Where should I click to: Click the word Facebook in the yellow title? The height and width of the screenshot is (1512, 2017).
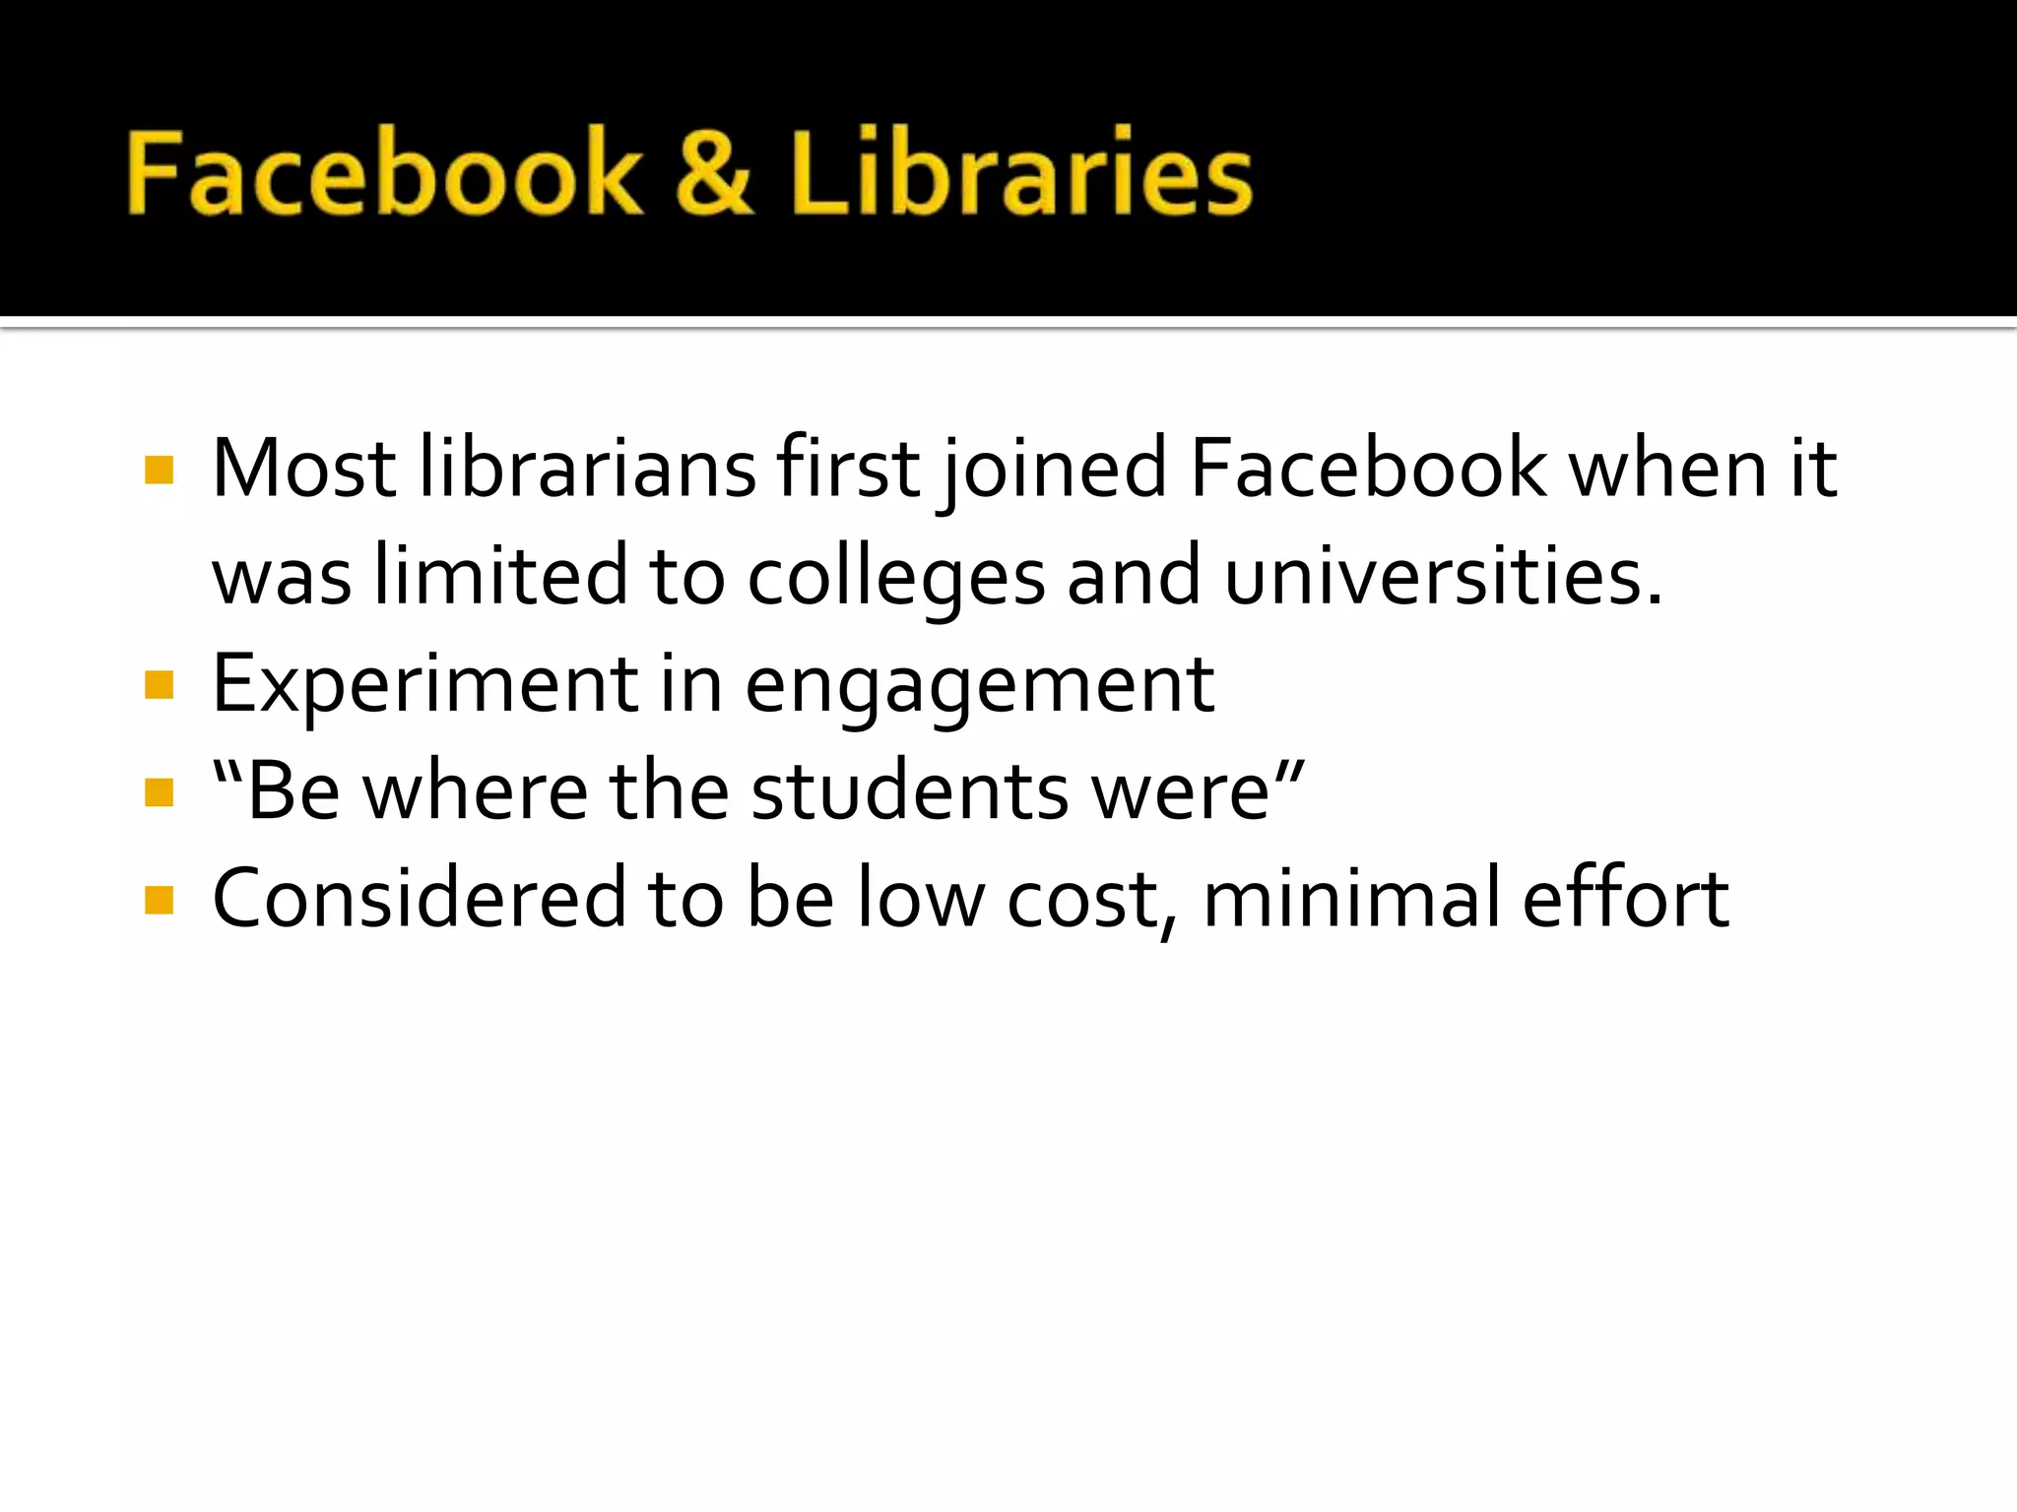(384, 173)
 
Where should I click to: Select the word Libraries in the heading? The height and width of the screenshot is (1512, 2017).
(1020, 173)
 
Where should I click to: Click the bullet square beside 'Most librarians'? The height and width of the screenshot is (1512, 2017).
(159, 470)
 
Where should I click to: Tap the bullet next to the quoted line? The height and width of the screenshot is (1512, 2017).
(159, 791)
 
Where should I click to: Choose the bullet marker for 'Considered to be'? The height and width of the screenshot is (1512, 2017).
(159, 900)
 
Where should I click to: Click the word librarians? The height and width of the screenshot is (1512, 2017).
(587, 469)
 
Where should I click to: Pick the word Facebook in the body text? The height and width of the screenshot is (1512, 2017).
(1369, 469)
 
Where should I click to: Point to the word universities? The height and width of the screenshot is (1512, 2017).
(1443, 577)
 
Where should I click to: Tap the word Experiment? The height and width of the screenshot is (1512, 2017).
(425, 685)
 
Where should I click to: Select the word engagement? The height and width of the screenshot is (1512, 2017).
(979, 685)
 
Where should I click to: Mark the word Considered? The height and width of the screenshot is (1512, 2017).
(420, 899)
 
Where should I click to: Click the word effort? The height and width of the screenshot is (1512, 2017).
(1625, 899)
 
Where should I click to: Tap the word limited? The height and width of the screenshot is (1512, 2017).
(500, 577)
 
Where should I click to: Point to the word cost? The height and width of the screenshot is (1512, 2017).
(1083, 899)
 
